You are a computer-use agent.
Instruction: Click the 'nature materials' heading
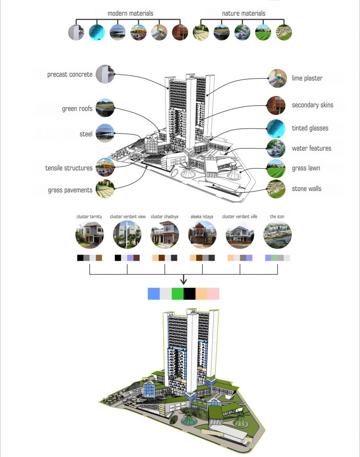click(244, 13)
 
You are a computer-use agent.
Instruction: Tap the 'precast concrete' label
click(70, 75)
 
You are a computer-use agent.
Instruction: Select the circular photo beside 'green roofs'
click(105, 108)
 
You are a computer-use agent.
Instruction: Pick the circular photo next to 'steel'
click(105, 133)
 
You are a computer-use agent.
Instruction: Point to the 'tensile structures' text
click(69, 168)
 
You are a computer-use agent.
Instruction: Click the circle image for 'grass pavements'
click(105, 189)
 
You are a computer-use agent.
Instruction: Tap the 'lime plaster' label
click(307, 79)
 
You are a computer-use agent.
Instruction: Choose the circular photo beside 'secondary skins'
click(276, 106)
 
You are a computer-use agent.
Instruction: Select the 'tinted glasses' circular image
click(276, 129)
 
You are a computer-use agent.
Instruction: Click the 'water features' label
click(312, 148)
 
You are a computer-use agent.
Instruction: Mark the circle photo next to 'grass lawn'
click(276, 169)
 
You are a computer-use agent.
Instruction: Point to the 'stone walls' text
click(307, 189)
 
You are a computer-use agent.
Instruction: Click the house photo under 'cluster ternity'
click(90, 235)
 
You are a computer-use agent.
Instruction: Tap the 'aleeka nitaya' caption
click(202, 216)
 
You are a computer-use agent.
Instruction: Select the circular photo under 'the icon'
click(277, 235)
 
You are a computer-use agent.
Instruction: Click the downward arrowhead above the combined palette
click(183, 281)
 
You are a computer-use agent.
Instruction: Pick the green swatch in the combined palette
click(178, 293)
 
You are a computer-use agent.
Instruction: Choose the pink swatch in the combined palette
click(213, 293)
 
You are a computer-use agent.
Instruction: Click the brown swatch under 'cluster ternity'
click(99, 258)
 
